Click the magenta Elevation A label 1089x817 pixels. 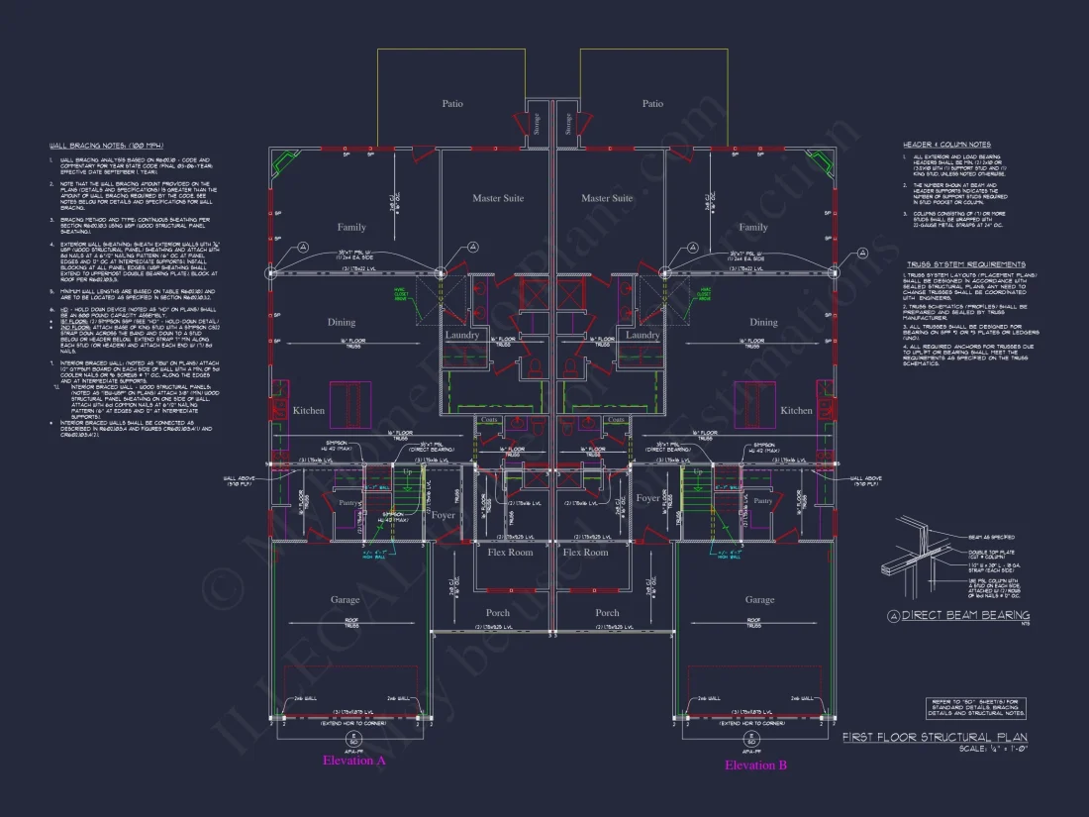click(x=353, y=761)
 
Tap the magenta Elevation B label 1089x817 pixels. click(x=755, y=765)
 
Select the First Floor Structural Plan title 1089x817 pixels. click(x=935, y=738)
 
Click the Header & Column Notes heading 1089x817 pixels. click(x=946, y=145)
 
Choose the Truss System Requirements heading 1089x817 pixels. click(x=965, y=264)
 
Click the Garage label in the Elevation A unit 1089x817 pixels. click(x=345, y=599)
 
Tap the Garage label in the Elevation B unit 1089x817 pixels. click(x=759, y=599)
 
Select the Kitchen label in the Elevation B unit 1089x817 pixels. click(x=796, y=410)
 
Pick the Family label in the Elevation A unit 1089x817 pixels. click(x=351, y=227)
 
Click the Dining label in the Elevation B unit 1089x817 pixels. click(x=763, y=322)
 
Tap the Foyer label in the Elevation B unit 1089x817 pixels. click(x=648, y=498)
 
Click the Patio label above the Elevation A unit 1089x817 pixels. click(x=452, y=103)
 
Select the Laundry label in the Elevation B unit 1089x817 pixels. click(x=643, y=335)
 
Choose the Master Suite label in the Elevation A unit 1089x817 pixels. click(x=498, y=198)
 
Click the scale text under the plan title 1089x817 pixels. click(x=993, y=749)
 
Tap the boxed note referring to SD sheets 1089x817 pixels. click(x=976, y=707)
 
